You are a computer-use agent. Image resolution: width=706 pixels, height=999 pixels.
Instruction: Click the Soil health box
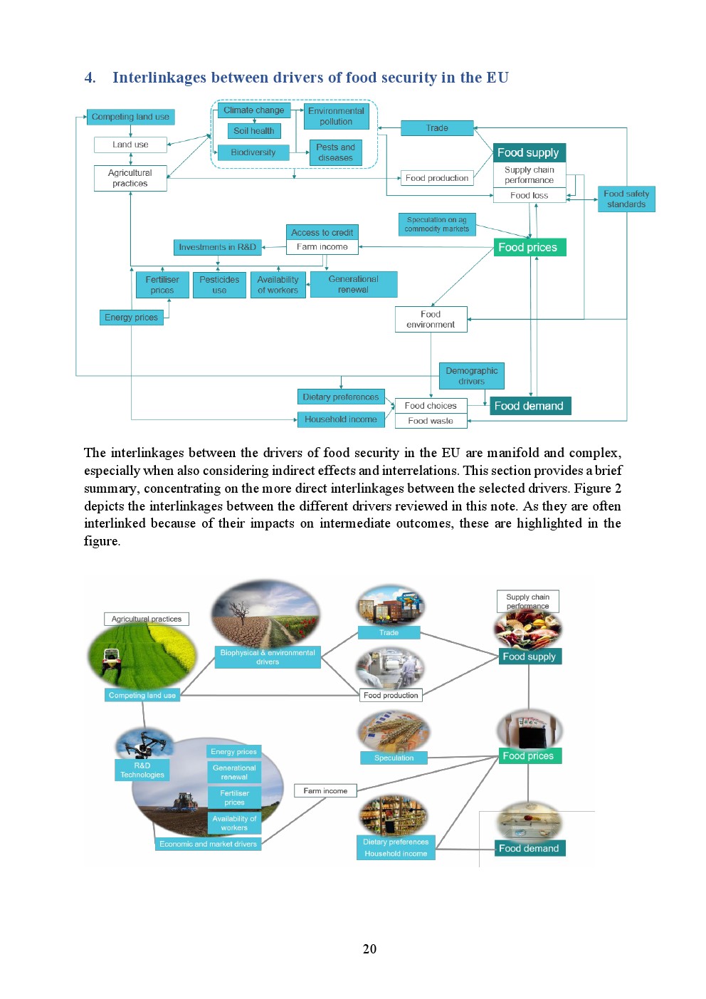254,131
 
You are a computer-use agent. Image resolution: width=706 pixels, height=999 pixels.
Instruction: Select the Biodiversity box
253,152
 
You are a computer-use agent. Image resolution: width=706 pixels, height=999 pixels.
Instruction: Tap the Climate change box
253,110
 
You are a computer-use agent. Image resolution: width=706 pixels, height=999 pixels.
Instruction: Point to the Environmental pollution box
336,116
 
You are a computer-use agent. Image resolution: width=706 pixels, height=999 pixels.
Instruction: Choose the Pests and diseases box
336,152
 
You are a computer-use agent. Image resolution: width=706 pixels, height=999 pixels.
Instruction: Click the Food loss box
529,195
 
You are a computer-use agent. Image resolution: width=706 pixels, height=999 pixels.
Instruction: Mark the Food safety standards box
626,199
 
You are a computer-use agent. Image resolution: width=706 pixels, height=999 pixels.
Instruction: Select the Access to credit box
322,232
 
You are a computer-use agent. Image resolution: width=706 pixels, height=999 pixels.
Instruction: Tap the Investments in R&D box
217,247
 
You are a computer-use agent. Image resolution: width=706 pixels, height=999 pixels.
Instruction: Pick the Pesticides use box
219,285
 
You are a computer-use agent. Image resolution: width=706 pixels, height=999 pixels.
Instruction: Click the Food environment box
431,319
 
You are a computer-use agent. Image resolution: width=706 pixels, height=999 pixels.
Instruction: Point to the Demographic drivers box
471,375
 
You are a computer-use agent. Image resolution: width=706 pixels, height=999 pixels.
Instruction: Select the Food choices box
431,405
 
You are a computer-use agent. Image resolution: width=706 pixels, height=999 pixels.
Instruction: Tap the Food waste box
431,421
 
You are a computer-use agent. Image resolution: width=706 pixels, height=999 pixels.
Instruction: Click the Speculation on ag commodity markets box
437,224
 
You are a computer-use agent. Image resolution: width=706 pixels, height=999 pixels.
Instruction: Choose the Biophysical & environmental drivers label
268,657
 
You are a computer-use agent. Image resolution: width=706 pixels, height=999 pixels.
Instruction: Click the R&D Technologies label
142,770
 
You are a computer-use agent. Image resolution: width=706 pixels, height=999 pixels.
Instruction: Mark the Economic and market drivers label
208,844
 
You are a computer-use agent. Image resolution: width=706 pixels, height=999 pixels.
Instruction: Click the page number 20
369,948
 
